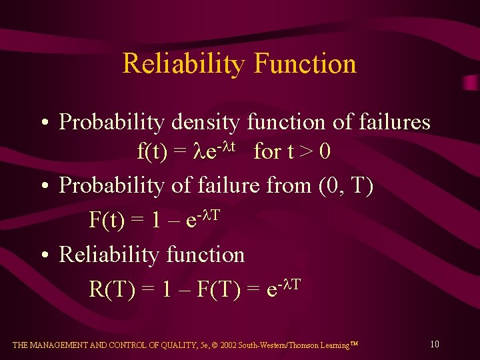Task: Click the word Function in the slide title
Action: (x=305, y=64)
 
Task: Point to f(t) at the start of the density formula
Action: (x=152, y=152)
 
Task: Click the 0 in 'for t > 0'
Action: (x=325, y=152)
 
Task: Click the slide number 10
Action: (x=434, y=345)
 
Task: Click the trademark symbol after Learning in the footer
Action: (x=355, y=344)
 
